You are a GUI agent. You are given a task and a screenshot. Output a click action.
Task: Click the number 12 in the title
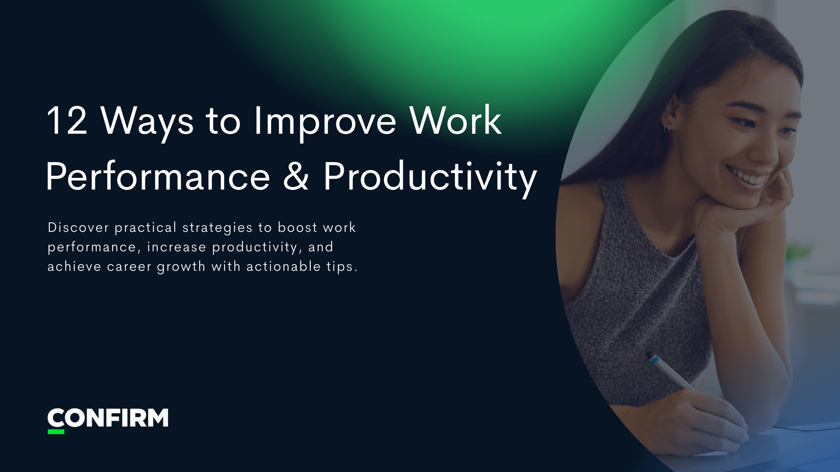(x=67, y=121)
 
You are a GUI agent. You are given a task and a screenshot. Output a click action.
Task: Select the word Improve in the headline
(x=325, y=121)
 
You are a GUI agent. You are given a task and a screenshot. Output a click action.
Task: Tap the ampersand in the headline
(x=296, y=177)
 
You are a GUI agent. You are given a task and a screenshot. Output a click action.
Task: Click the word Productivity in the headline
(x=430, y=177)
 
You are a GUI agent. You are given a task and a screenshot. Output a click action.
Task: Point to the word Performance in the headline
(x=158, y=177)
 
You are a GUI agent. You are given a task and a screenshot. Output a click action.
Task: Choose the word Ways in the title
(x=147, y=121)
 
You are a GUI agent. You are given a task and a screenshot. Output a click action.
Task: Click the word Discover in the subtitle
(x=78, y=227)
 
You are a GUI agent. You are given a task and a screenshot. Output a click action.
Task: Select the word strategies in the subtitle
(x=217, y=228)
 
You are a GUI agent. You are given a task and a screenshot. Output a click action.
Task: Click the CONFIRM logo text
(x=108, y=418)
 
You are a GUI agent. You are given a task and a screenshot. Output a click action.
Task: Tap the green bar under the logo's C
(x=56, y=432)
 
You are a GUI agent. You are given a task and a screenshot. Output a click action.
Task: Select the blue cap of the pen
(x=655, y=360)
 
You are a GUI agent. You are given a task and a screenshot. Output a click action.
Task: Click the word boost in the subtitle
(x=297, y=227)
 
